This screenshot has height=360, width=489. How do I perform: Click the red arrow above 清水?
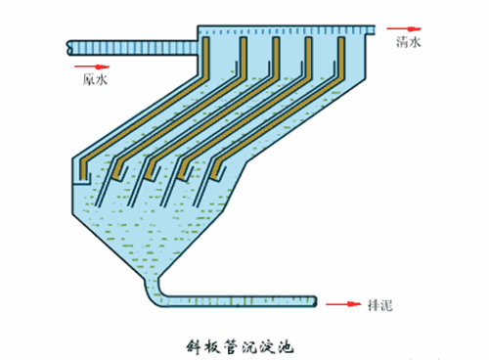click(x=399, y=30)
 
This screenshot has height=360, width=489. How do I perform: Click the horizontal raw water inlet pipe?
click(x=127, y=46)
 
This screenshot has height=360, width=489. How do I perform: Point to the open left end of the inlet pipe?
click(x=67, y=46)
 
